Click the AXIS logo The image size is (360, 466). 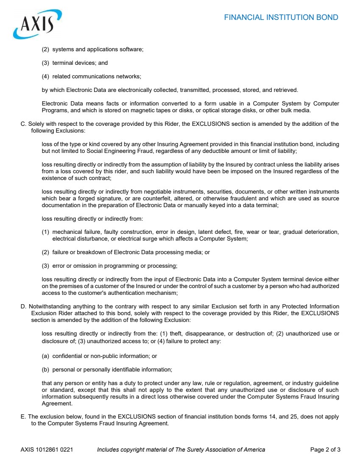(x=37, y=24)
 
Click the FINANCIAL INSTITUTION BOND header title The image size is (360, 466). (x=281, y=17)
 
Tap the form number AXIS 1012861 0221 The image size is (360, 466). (x=47, y=449)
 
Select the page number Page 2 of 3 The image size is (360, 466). (x=325, y=449)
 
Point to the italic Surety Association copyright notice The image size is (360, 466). (x=181, y=449)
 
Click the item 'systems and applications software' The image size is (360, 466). (x=98, y=50)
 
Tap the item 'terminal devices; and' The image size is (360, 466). (x=80, y=63)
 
